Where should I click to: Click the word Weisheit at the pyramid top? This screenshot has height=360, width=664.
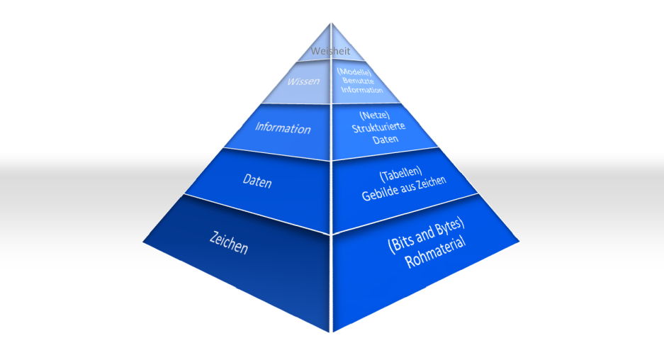click(330, 51)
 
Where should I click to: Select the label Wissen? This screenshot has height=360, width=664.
click(303, 81)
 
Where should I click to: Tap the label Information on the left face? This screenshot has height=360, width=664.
click(283, 128)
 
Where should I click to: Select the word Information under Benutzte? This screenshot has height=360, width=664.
click(361, 90)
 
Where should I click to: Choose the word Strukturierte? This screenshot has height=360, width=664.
click(380, 128)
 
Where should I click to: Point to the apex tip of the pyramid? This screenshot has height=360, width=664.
click(332, 23)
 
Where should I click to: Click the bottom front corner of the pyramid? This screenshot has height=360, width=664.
click(331, 331)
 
